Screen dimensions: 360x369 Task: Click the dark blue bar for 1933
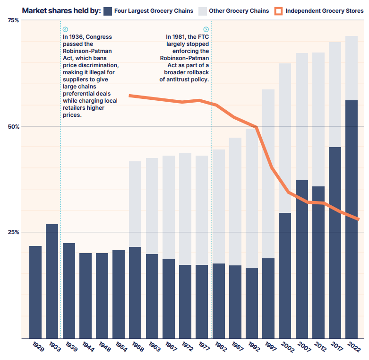click(52, 281)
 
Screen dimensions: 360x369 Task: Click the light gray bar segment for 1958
click(135, 204)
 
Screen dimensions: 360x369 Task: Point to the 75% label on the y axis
click(14, 20)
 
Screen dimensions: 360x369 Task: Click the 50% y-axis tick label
click(14, 127)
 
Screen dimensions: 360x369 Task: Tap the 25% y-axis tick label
click(14, 232)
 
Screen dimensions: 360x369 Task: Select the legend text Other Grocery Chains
click(239, 11)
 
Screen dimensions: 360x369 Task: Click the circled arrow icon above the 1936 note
click(65, 29)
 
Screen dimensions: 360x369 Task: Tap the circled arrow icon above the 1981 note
click(206, 29)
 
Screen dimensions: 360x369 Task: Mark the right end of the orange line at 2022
click(358, 219)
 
